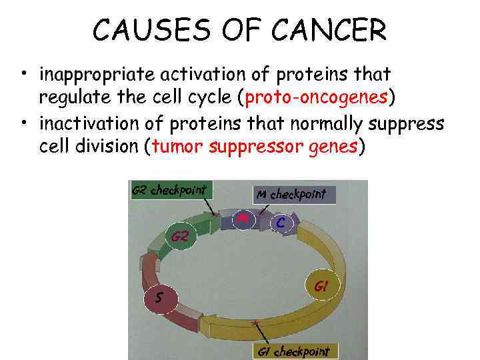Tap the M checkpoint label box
point(294,194)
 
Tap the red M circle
point(243,218)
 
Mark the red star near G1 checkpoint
point(254,323)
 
